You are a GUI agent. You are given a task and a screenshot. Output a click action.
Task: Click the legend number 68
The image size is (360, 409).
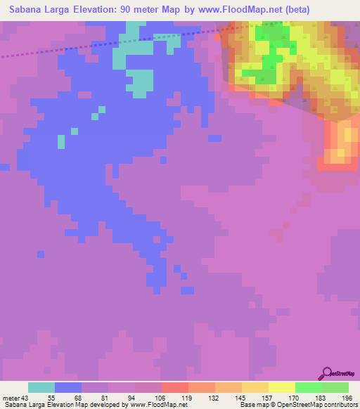(x=67, y=398)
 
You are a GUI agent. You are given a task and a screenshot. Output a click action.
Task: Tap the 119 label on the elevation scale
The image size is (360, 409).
(x=175, y=398)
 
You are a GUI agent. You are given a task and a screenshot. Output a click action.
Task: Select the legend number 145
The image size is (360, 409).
(x=229, y=398)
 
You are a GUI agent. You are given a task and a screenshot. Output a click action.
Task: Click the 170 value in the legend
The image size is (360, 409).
(x=282, y=398)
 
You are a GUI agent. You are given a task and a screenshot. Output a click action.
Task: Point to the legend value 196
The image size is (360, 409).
(x=335, y=398)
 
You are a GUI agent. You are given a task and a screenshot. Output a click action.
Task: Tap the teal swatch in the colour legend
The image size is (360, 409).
(x=41, y=387)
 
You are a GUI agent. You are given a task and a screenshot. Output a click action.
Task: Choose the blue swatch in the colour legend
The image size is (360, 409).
(x=68, y=387)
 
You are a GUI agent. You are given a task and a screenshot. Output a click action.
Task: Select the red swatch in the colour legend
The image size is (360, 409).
(x=175, y=387)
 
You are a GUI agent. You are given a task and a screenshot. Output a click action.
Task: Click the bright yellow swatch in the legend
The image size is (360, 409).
(x=282, y=387)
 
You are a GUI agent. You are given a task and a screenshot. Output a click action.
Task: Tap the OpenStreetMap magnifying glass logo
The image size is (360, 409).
(x=327, y=374)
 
